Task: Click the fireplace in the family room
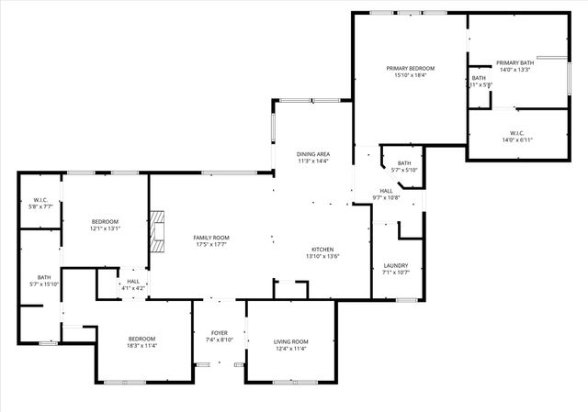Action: point(160,231)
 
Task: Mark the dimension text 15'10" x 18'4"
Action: point(410,75)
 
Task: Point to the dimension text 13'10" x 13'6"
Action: point(322,257)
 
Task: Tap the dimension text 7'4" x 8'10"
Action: point(220,340)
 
